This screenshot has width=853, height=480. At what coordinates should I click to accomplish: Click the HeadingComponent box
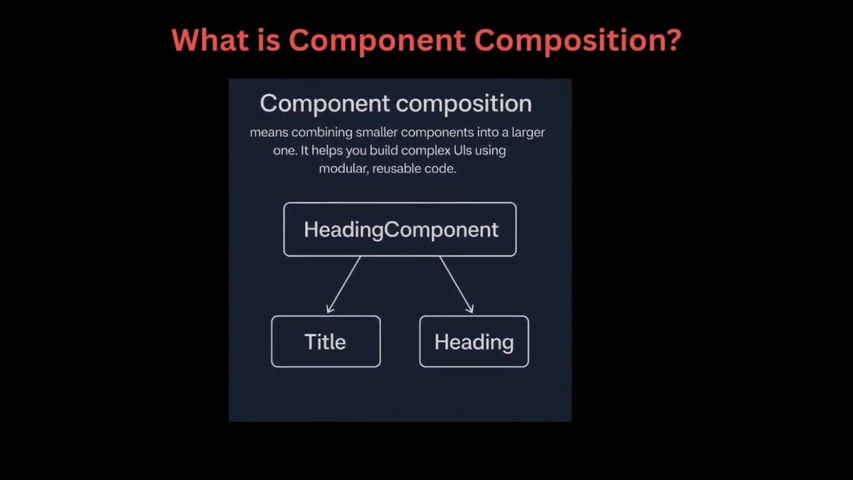point(400,229)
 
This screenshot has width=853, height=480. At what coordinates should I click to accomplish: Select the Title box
point(326,341)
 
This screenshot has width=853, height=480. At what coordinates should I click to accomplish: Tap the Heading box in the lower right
point(474,341)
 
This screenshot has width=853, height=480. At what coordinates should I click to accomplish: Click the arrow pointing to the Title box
point(344,284)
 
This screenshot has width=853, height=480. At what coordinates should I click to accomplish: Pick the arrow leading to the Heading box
point(456,284)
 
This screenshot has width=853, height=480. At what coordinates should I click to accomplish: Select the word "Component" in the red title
point(377,40)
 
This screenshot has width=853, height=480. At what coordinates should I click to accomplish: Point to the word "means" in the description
point(269,132)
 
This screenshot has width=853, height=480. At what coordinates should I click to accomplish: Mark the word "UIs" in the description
point(462,150)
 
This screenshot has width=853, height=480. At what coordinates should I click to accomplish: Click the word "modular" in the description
point(343,169)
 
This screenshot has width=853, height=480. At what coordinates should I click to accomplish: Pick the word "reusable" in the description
point(396,169)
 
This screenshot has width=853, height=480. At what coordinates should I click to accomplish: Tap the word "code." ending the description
point(440,169)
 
